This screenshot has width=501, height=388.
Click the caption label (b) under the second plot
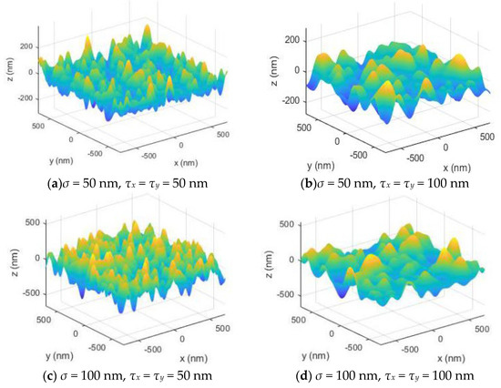[x=306, y=182]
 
